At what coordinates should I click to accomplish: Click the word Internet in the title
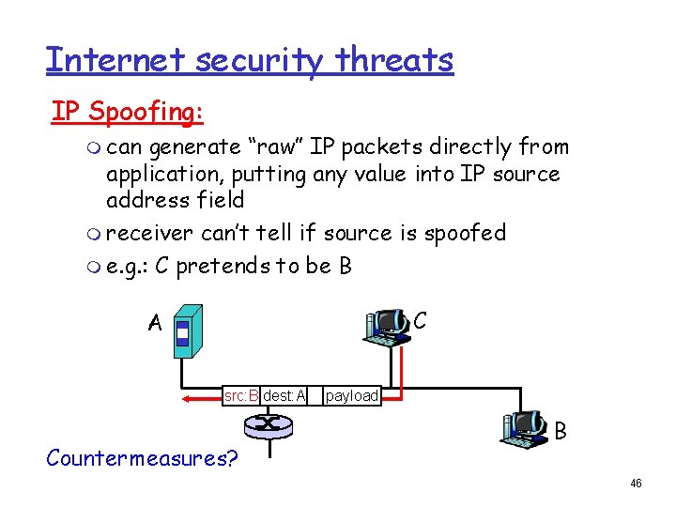[107, 59]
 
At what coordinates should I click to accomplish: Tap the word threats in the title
[397, 59]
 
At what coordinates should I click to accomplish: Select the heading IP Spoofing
[127, 111]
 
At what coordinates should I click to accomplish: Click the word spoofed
[465, 232]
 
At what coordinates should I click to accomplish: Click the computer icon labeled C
[387, 325]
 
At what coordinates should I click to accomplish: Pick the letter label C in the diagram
[420, 320]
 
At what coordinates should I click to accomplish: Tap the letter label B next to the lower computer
[560, 432]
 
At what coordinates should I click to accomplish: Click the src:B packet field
[241, 395]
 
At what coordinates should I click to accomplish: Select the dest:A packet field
[284, 395]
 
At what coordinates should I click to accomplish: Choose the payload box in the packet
[351, 395]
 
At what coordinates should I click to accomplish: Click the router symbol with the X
[268, 424]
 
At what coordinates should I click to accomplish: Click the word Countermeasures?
[142, 458]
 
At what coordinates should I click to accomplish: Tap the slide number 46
[636, 484]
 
